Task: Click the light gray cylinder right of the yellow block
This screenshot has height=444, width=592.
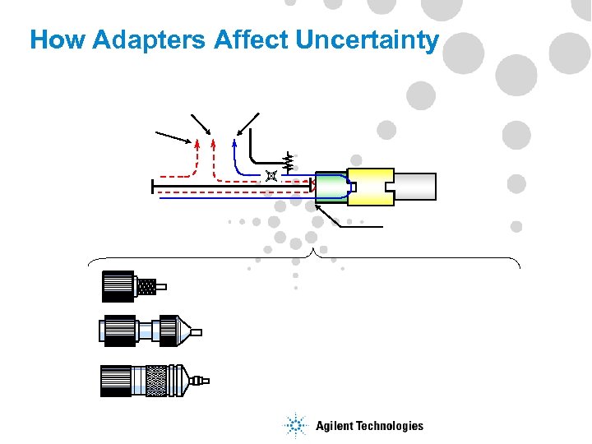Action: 415,187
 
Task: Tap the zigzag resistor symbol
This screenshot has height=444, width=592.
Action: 288,163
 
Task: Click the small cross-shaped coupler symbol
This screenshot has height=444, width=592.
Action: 270,176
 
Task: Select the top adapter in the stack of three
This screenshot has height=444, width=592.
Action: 132,286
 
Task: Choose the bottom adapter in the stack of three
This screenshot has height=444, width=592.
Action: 153,381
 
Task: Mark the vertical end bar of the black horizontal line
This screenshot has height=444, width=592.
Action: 153,187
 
